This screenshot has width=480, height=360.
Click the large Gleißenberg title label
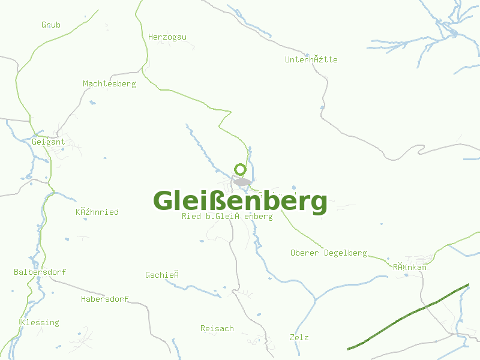(x=240, y=201)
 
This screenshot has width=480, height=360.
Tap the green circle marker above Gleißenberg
(x=241, y=169)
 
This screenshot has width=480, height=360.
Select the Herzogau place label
(x=167, y=37)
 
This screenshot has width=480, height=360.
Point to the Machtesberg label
(x=109, y=84)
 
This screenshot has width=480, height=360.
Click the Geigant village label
(x=49, y=142)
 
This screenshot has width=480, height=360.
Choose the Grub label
(x=51, y=25)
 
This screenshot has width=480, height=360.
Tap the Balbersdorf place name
(x=40, y=272)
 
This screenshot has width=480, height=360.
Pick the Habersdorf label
(x=104, y=299)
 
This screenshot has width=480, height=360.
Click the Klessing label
(x=40, y=323)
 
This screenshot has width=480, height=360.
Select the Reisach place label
(x=217, y=329)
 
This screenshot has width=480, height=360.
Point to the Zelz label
(x=299, y=338)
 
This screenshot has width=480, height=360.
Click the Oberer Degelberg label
(x=328, y=253)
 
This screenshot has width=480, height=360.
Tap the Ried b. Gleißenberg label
(x=227, y=217)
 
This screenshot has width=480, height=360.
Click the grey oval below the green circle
(x=242, y=182)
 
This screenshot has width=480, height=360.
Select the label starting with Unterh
(x=311, y=60)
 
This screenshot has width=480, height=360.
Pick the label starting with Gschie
(x=163, y=275)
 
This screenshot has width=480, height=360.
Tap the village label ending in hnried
(x=97, y=212)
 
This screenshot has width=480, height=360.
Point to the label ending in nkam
(x=410, y=266)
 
